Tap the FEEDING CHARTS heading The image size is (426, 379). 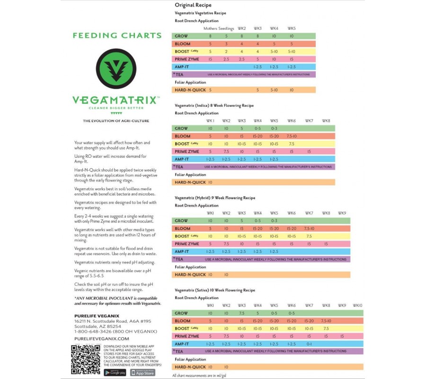(117, 36)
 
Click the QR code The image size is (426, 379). (86, 360)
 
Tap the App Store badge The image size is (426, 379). (143, 373)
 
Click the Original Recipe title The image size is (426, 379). (193, 5)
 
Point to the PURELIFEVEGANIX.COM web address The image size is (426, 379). (102, 339)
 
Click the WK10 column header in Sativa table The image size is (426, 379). (357, 306)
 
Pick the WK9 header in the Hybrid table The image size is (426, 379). (342, 213)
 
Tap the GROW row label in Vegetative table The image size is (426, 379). (181, 36)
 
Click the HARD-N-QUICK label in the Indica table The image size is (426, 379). (190, 182)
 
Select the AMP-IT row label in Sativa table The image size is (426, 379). (182, 344)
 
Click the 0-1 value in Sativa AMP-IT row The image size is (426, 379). (309, 344)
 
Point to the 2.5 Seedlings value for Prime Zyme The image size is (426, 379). (226, 59)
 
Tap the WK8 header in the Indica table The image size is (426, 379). (326, 121)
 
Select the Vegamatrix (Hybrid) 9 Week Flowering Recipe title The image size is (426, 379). (214, 198)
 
